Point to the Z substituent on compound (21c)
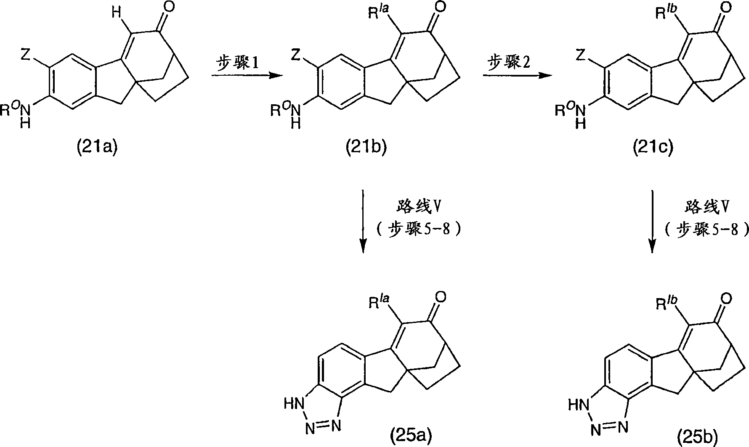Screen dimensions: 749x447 [x=583, y=56]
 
